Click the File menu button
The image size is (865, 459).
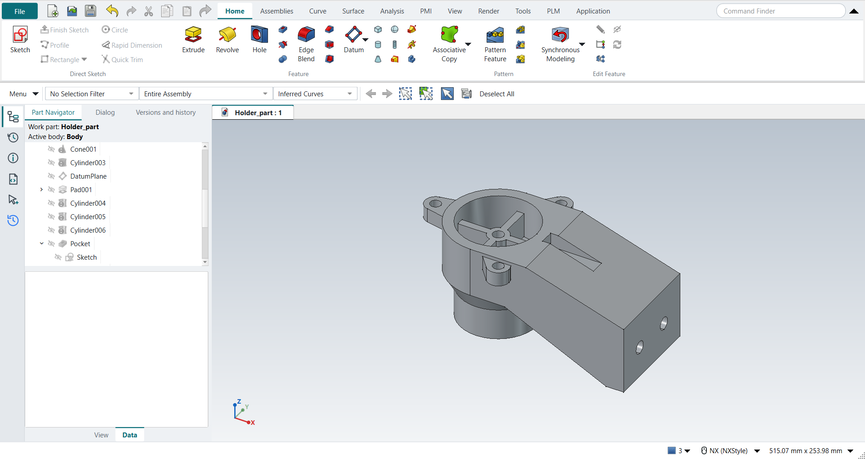pos(19,11)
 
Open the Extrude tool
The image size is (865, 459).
pos(193,40)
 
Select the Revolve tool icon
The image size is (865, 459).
pos(228,35)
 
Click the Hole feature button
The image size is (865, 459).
pos(259,40)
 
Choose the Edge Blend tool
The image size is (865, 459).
pos(306,44)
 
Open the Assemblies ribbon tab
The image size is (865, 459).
pos(277,11)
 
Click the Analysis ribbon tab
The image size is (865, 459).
pos(392,11)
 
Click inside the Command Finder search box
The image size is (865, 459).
pos(781,11)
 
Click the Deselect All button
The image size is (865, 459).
pos(496,94)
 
